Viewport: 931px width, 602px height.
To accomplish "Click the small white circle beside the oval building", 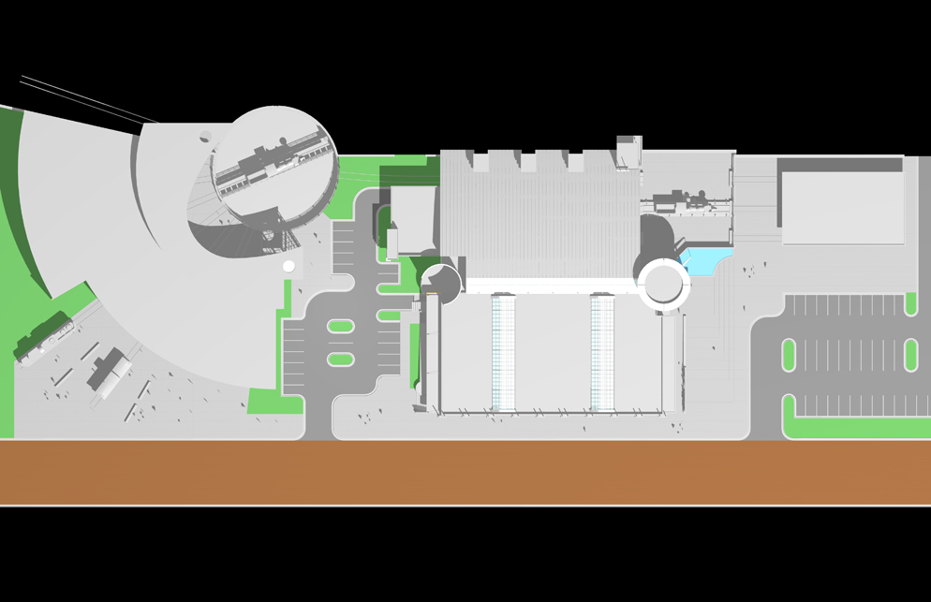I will click(x=288, y=267).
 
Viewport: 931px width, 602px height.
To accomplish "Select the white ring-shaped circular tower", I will click(x=663, y=283).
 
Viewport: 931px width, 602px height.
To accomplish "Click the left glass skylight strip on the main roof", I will click(x=504, y=353).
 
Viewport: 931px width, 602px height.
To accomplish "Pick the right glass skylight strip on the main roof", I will click(x=602, y=353).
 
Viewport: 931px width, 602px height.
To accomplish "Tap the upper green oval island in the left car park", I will click(x=341, y=327).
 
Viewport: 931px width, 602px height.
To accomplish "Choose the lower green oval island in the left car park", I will click(x=341, y=360).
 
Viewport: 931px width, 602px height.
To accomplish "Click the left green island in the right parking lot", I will click(x=789, y=355).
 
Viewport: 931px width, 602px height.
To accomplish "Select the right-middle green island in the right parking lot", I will click(x=910, y=355).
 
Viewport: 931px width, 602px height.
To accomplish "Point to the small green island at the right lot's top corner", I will click(x=910, y=302).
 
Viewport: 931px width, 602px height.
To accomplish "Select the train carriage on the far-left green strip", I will click(x=43, y=335).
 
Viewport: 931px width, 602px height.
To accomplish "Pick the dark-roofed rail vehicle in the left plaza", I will click(x=109, y=372).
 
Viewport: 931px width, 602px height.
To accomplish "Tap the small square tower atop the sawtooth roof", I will click(x=628, y=153).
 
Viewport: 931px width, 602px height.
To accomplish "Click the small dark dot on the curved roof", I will click(x=204, y=139).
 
